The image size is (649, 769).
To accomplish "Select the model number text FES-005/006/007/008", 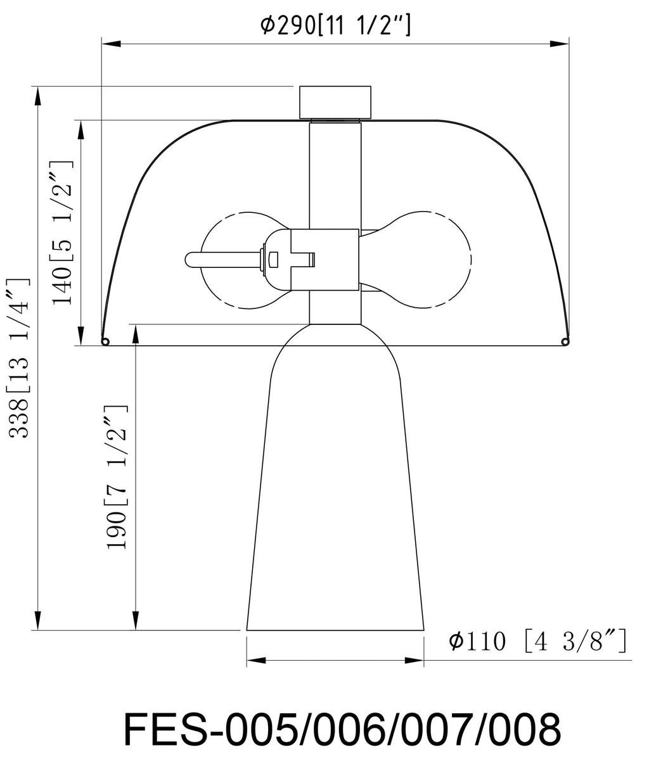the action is (342, 730).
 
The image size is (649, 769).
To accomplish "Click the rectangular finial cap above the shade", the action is (335, 103).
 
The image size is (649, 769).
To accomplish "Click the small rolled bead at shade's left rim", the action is (106, 341).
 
